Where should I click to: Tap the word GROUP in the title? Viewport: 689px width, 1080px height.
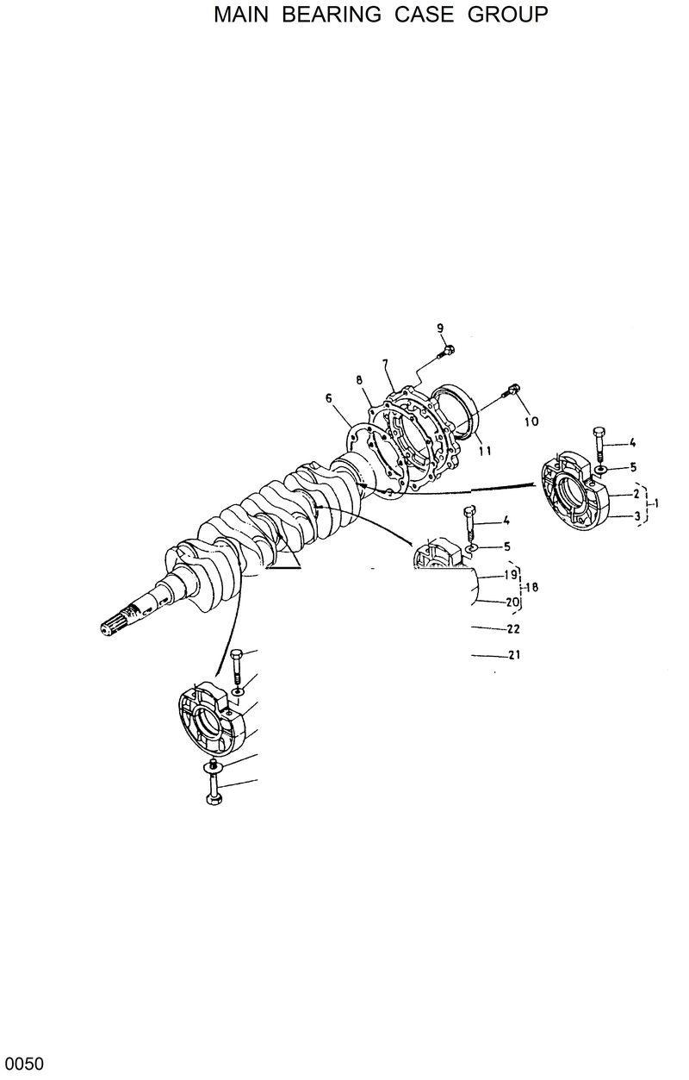click(x=507, y=15)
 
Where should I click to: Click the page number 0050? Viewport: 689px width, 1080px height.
click(x=23, y=1064)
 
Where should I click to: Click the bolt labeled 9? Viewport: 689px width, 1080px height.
click(x=448, y=350)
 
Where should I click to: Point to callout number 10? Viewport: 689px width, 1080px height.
click(x=531, y=421)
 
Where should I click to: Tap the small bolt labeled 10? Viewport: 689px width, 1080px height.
click(x=514, y=390)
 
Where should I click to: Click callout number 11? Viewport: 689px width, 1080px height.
click(x=485, y=450)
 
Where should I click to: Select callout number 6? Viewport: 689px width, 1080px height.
click(x=329, y=397)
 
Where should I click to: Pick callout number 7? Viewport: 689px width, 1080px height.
click(x=386, y=364)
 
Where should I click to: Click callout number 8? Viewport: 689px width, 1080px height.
click(x=358, y=380)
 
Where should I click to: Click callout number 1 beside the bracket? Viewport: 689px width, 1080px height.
click(x=657, y=502)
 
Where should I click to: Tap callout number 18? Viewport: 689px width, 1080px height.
click(x=531, y=587)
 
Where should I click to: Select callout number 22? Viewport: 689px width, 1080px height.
click(x=514, y=628)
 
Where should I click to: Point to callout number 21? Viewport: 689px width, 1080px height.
click(x=514, y=655)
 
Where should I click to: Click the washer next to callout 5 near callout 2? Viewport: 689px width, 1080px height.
click(x=599, y=469)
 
